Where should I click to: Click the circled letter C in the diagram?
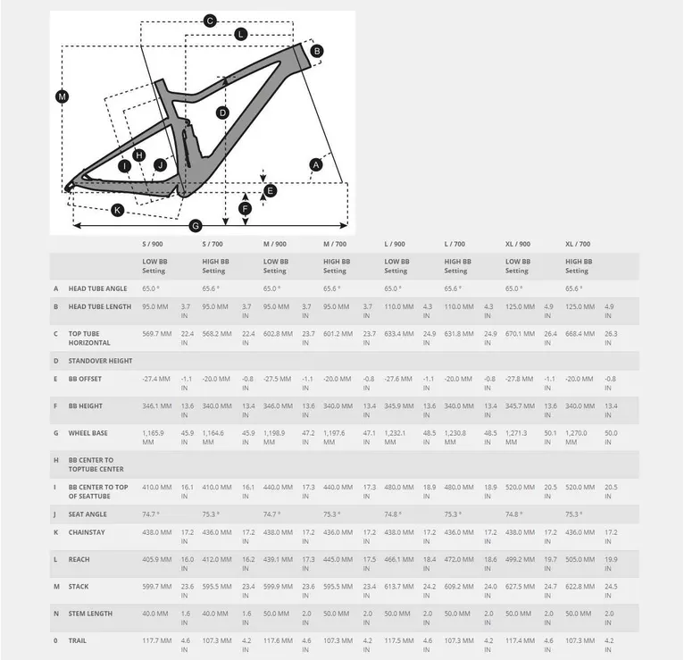[211, 21]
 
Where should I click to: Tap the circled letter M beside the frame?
[62, 96]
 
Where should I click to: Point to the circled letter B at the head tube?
[317, 52]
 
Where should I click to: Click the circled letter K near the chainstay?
[117, 210]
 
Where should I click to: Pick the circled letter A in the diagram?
[315, 164]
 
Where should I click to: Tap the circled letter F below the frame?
[246, 209]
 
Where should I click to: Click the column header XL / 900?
[517, 244]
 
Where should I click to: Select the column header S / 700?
[213, 244]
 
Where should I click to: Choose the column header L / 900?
[395, 244]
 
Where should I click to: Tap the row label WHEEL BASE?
[88, 433]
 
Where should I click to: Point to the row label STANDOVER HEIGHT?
[100, 361]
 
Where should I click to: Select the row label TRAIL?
[79, 640]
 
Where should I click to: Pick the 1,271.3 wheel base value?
[519, 433]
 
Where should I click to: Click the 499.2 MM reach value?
[519, 559]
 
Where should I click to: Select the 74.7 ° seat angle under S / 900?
[151, 514]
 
